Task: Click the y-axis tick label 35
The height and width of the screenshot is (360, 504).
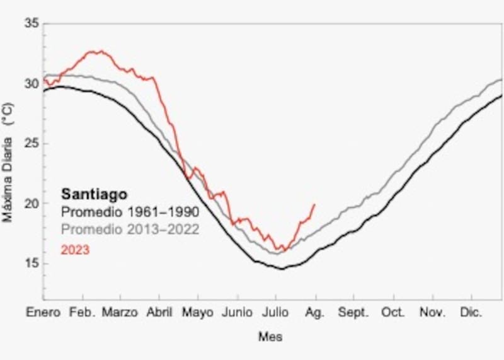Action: click(x=31, y=24)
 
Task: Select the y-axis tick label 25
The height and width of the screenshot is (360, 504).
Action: click(x=31, y=144)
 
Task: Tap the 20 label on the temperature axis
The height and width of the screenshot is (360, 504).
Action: click(x=31, y=204)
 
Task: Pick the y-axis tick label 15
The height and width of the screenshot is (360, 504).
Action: click(x=31, y=264)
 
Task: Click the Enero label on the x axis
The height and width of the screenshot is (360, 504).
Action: click(x=43, y=313)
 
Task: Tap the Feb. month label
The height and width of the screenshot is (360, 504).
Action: click(x=83, y=313)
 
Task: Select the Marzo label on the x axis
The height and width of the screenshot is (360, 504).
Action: click(x=120, y=313)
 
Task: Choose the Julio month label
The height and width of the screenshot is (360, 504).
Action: click(x=276, y=313)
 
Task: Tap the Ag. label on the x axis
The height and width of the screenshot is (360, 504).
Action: click(x=315, y=313)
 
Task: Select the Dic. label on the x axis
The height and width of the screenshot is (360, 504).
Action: click(x=471, y=313)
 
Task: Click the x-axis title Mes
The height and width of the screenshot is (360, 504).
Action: click(x=270, y=337)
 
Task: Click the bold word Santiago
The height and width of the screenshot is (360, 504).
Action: click(x=94, y=195)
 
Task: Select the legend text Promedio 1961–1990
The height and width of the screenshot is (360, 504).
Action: click(x=130, y=212)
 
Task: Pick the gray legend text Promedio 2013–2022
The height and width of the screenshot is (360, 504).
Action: click(x=130, y=229)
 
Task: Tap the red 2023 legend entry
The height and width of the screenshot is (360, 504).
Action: click(x=75, y=250)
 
